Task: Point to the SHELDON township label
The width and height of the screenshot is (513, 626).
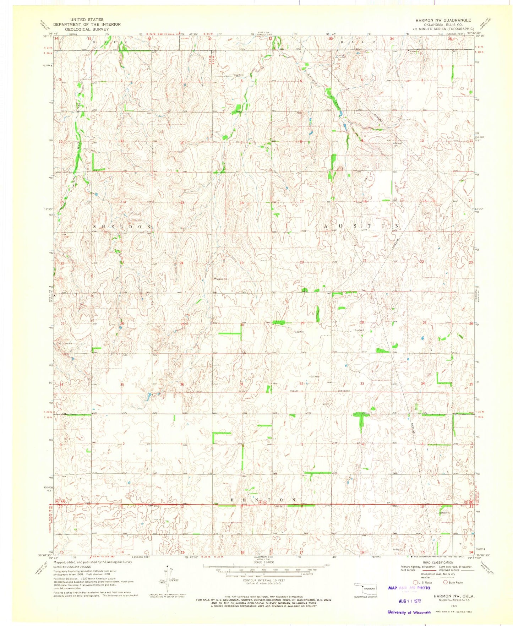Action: [x=122, y=227]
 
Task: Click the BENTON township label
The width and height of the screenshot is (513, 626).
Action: [x=263, y=500]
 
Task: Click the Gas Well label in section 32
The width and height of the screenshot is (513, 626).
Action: [x=315, y=377]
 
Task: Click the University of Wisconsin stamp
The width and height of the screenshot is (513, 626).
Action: [x=409, y=612]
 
